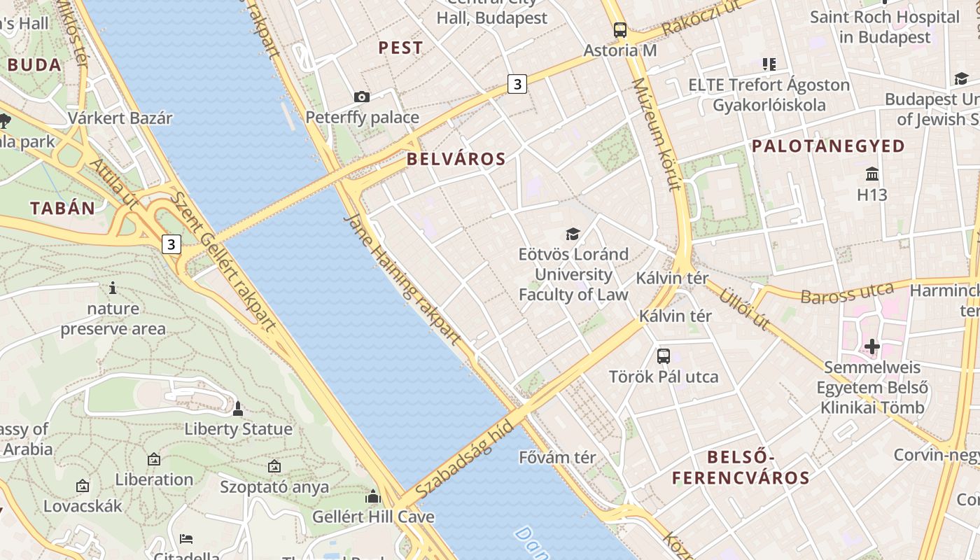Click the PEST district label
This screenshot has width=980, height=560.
click(x=400, y=48)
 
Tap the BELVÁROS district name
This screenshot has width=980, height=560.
click(x=456, y=159)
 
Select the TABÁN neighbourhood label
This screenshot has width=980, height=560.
click(x=62, y=208)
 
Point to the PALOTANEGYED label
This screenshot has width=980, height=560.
click(x=828, y=146)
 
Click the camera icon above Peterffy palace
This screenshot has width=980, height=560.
click(x=362, y=97)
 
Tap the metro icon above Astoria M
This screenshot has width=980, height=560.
click(x=620, y=29)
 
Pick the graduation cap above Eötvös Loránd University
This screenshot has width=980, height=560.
click(x=573, y=234)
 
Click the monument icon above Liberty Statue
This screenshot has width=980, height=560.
click(x=238, y=408)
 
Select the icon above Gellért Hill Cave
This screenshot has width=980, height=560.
click(x=372, y=496)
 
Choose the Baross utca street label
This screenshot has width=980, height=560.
click(x=847, y=293)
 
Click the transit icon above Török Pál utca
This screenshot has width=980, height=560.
click(x=664, y=356)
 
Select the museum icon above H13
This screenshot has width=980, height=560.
click(x=872, y=174)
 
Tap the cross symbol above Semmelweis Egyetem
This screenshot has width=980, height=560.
click(x=872, y=346)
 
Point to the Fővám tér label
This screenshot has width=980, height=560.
click(x=557, y=458)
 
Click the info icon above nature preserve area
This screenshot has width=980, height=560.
click(x=113, y=288)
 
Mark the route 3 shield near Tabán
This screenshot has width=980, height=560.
click(x=171, y=244)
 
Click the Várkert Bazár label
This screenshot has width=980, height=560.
click(x=120, y=118)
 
